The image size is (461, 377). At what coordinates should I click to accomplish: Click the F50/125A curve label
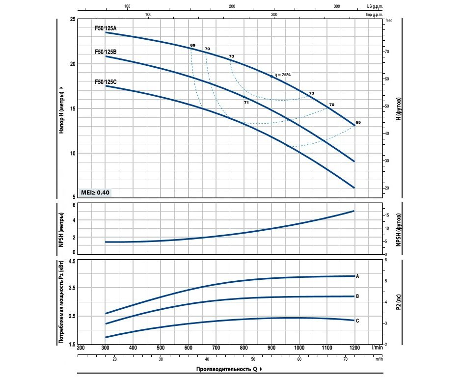click(x=106, y=28)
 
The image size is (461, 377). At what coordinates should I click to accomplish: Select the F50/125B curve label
click(x=106, y=52)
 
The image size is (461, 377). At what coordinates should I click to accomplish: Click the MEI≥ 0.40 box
click(x=96, y=192)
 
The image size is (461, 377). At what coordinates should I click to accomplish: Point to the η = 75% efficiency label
click(x=283, y=75)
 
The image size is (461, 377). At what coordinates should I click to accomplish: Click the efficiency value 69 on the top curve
click(x=192, y=45)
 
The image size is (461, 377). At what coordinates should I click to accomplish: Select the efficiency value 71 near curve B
click(x=246, y=103)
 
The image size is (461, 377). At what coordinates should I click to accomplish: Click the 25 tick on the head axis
click(x=73, y=19)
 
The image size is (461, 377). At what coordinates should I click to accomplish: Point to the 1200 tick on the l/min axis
click(x=354, y=348)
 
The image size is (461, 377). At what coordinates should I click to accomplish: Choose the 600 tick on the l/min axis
click(x=188, y=348)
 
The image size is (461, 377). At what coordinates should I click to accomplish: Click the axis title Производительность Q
click(x=226, y=369)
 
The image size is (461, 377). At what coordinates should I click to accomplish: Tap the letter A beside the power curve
click(x=357, y=276)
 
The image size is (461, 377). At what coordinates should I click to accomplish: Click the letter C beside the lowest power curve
click(x=357, y=321)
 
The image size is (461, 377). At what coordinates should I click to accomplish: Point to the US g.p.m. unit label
click(x=375, y=6)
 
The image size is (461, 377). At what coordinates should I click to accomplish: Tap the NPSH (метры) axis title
click(x=62, y=228)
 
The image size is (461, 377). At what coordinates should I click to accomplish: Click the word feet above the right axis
click(x=389, y=21)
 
